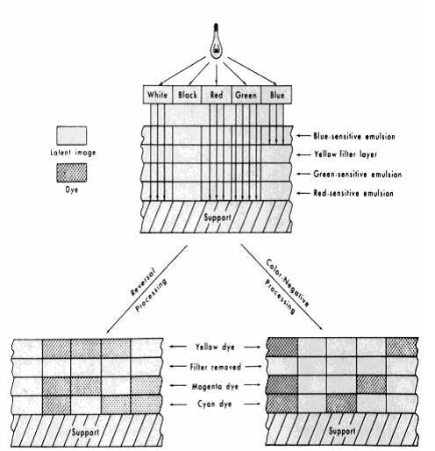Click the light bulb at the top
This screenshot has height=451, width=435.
[217, 41]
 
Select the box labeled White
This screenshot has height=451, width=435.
[158, 95]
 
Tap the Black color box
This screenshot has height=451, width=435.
[188, 95]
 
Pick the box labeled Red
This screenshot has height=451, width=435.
[217, 95]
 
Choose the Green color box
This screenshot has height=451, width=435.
[246, 95]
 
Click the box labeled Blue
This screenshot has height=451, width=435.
[276, 95]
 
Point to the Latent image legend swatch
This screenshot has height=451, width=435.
[72, 135]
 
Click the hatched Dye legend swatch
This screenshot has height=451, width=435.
[72, 173]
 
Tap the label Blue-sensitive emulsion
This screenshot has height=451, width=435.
[354, 136]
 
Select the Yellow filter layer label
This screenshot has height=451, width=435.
[346, 154]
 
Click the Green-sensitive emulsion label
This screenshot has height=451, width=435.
[358, 175]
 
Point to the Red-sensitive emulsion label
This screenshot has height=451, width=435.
[353, 193]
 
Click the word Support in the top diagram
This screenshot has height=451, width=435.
[217, 218]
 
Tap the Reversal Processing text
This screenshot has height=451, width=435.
[148, 290]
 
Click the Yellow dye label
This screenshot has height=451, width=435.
[215, 347]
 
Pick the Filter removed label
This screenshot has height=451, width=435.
[216, 367]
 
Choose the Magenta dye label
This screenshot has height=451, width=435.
[215, 386]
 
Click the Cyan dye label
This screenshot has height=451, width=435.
[215, 404]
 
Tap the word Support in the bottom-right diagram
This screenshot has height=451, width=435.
[342, 431]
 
